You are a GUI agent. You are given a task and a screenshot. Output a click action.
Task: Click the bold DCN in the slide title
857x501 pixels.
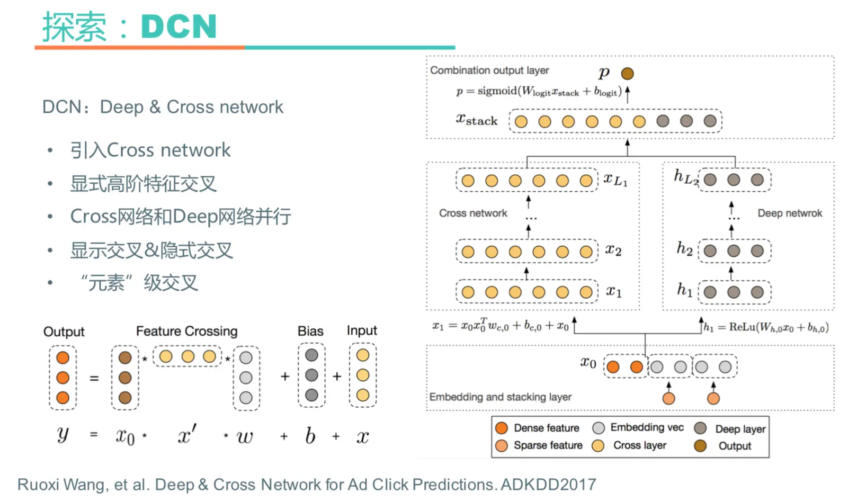178,26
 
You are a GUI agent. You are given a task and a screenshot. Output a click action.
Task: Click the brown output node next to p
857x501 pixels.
627,74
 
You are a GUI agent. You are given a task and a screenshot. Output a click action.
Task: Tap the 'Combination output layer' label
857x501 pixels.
489,70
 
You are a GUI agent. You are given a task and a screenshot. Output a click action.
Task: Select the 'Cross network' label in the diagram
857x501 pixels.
472,213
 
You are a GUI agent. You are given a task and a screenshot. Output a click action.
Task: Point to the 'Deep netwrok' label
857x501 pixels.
789,213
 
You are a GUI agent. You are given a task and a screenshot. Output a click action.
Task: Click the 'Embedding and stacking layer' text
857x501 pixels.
500,397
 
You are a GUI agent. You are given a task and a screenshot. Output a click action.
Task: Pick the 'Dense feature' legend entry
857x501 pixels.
546,428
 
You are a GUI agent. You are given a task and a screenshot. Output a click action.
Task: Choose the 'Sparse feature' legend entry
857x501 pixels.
548,445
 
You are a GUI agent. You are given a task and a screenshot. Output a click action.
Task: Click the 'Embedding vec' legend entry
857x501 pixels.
647,427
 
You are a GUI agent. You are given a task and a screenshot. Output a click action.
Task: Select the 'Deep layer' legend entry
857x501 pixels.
740,428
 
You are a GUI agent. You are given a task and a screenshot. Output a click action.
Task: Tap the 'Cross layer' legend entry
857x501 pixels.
639,445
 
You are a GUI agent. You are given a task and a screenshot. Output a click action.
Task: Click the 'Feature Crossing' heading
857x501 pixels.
186,331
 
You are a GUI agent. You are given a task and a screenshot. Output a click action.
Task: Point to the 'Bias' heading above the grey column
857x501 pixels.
310,331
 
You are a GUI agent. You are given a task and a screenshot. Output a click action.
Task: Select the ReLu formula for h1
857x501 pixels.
766,327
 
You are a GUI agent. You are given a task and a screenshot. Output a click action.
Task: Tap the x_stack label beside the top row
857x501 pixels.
477,120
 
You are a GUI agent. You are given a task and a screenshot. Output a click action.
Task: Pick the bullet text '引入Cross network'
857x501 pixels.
150,150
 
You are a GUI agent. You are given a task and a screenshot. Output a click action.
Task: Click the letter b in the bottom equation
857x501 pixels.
310,436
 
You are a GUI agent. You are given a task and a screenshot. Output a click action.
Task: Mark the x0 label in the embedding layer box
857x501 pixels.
588,363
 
